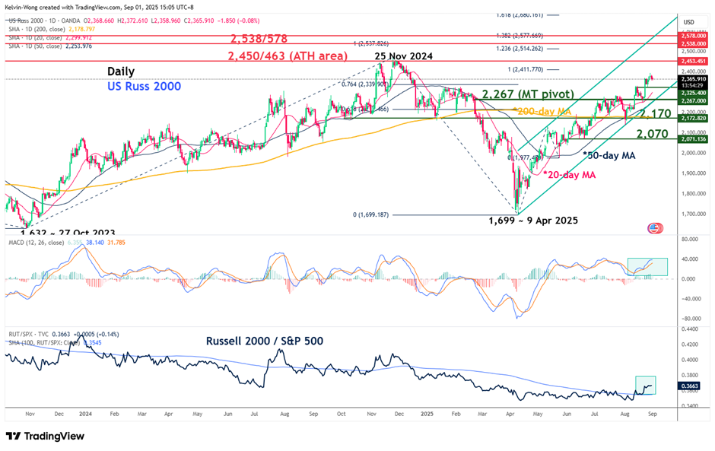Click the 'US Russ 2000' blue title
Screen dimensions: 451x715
(144, 87)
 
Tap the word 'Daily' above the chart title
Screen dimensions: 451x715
(121, 70)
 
